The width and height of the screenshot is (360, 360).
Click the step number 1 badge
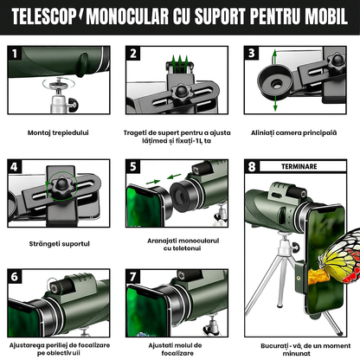click(15, 54)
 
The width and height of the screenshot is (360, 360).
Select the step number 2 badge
click(133, 54)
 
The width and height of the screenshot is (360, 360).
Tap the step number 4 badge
click(15, 166)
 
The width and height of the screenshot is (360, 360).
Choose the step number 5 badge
click(133, 166)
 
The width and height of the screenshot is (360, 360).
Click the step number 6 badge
click(15, 278)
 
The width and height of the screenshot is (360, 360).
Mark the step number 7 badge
click(133, 278)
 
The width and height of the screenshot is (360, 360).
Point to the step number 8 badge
click(252, 166)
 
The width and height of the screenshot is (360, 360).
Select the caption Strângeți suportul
click(59, 244)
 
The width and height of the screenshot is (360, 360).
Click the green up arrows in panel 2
click(177, 60)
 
